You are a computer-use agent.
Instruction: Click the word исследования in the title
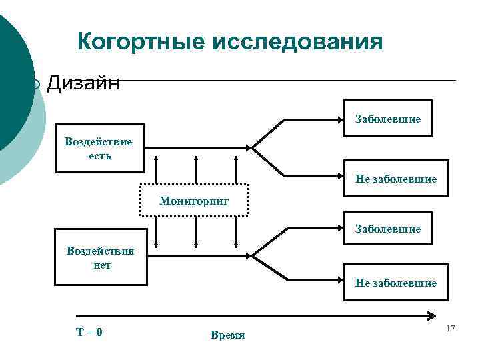pos(297,42)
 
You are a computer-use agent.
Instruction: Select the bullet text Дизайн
pos(83,83)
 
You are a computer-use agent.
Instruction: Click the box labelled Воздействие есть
pos(99,148)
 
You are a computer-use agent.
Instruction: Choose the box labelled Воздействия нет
pos(99,258)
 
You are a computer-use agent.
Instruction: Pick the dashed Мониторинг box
pos(194,200)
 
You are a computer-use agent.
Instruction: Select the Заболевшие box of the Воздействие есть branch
pos(388,119)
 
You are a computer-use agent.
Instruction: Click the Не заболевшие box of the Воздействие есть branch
pos(395,179)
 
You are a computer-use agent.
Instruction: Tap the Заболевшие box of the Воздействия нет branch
pos(388,229)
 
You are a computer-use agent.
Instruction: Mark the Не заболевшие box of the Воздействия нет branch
pos(395,283)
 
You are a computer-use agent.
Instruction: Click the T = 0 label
pos(89,331)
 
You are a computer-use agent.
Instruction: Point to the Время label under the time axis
pos(227,335)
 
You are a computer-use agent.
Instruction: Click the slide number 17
pos(450,329)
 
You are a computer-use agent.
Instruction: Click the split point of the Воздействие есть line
pos(253,147)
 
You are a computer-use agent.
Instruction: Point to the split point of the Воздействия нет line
pos(253,255)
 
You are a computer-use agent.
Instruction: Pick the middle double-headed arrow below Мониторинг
pos(196,233)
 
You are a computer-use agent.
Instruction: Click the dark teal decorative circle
pos(13,87)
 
